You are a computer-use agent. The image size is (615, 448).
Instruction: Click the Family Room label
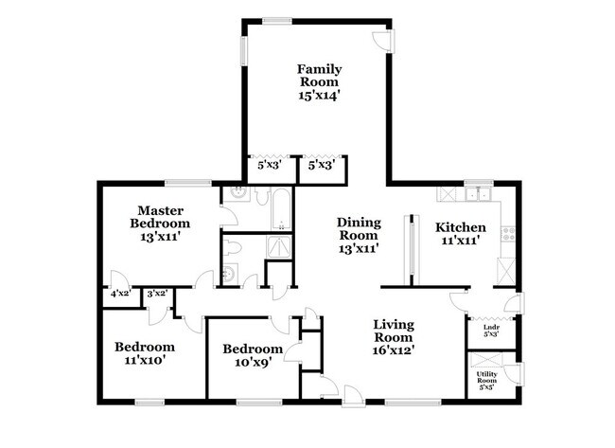319,76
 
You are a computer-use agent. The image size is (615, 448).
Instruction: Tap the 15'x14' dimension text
319,96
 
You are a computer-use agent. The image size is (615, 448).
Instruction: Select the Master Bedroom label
160,217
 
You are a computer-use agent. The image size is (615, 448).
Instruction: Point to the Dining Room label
359,228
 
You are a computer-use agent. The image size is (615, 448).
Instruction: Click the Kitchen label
461,227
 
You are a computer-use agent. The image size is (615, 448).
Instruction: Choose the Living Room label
392,332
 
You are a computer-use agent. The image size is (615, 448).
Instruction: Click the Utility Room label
486,380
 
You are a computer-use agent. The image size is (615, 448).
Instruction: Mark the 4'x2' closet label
119,295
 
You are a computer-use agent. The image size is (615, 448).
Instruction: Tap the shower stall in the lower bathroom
280,245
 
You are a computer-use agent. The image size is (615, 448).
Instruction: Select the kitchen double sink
477,196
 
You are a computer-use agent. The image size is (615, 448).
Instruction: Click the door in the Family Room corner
381,40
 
